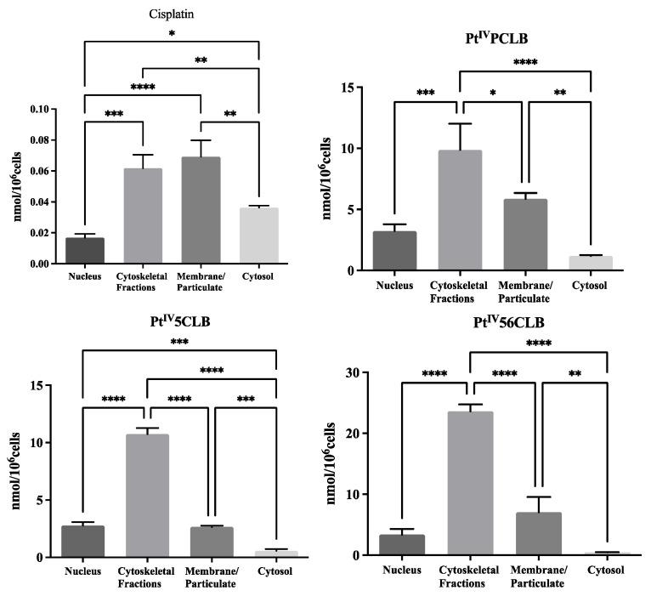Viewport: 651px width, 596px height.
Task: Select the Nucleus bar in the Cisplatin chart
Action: [85, 250]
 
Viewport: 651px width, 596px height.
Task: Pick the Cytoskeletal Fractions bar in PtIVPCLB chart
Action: [460, 210]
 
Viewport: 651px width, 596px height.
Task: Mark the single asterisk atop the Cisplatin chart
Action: [172, 34]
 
